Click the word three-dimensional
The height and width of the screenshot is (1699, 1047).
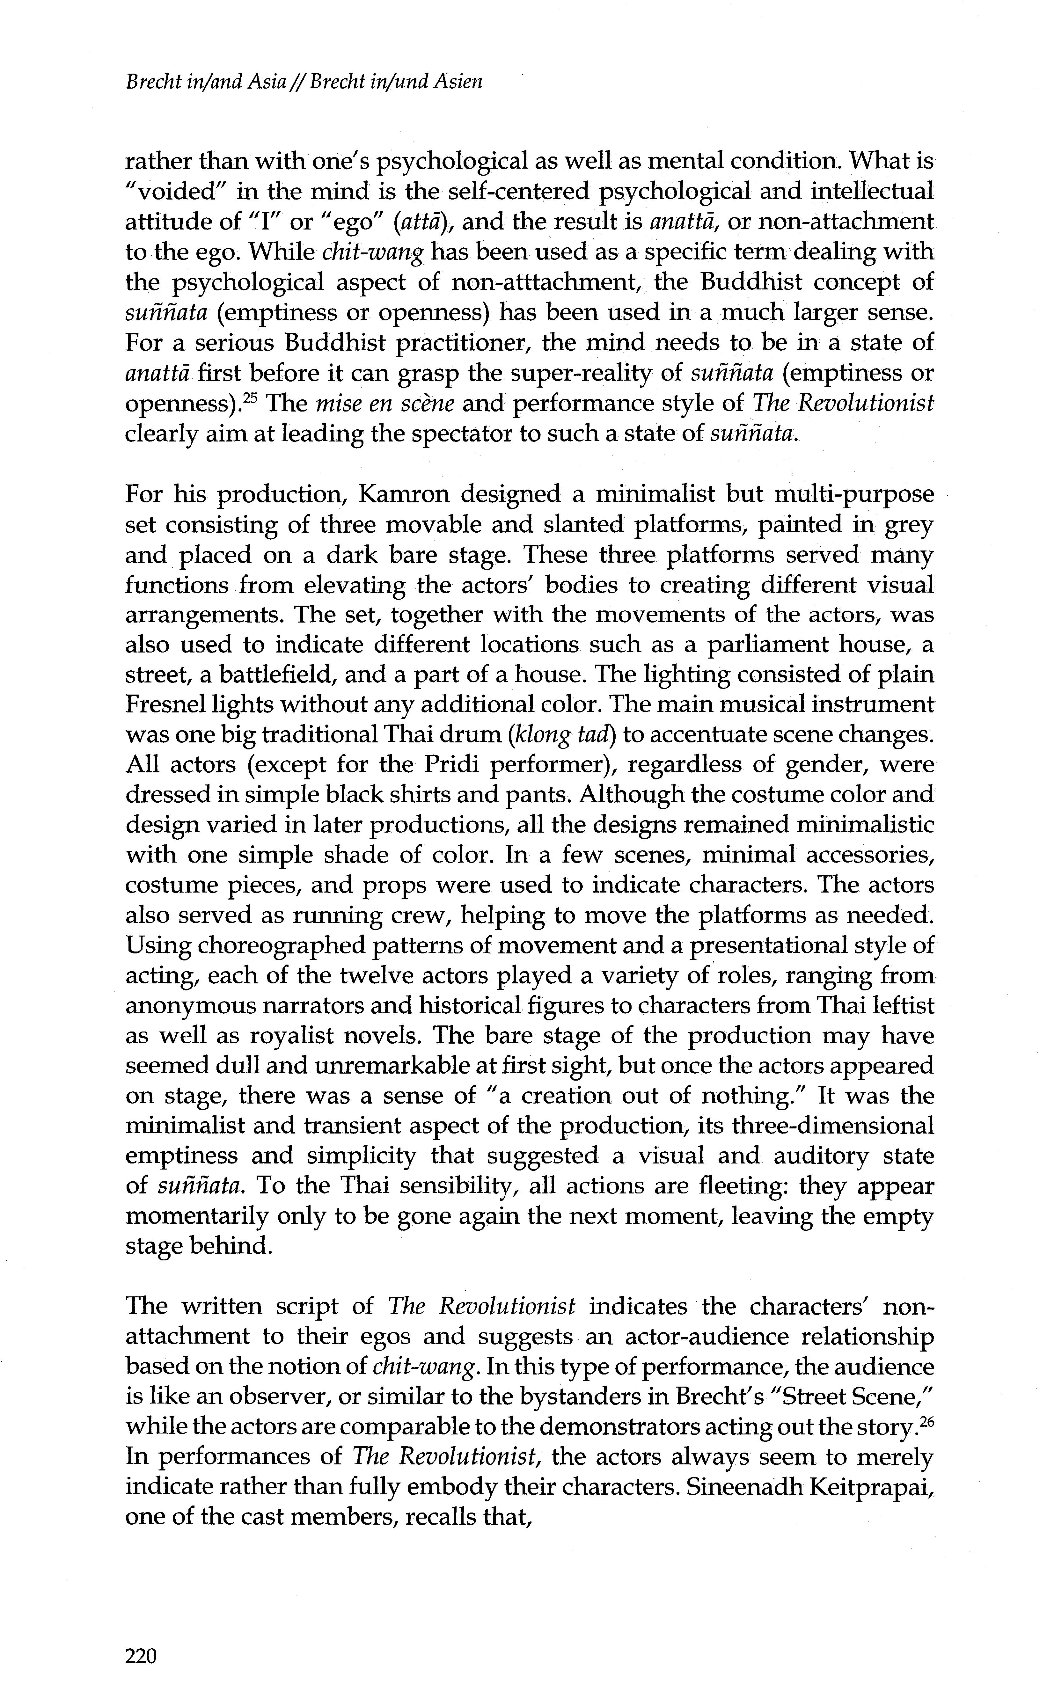pos(833,1126)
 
